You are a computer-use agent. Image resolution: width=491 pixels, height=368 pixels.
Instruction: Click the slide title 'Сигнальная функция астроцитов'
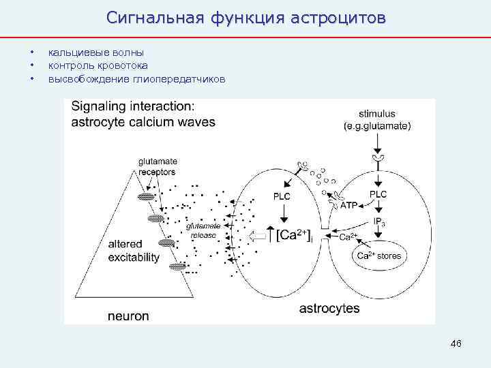pyautogui.click(x=245, y=17)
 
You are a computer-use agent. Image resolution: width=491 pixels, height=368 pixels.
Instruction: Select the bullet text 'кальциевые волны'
pyautogui.click(x=95, y=52)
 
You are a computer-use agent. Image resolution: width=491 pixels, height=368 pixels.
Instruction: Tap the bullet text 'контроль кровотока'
pyautogui.click(x=100, y=66)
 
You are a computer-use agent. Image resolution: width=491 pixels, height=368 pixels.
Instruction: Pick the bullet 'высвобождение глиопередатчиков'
pyautogui.click(x=136, y=80)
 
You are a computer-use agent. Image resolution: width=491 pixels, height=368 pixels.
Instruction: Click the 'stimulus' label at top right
pyautogui.click(x=376, y=114)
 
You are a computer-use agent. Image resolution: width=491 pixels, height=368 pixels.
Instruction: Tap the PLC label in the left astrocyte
pyautogui.click(x=282, y=197)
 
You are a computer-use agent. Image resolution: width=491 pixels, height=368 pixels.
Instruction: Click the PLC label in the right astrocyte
pyautogui.click(x=378, y=194)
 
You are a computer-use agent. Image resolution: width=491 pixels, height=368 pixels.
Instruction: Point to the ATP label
pyautogui.click(x=348, y=205)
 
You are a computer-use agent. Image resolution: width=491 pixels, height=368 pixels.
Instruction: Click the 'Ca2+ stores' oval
pyautogui.click(x=379, y=256)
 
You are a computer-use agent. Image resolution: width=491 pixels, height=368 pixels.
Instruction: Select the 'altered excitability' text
pyautogui.click(x=134, y=251)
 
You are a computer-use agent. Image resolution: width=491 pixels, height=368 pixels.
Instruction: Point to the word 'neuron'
pyautogui.click(x=128, y=316)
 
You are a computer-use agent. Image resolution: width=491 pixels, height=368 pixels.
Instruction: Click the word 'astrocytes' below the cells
pyautogui.click(x=329, y=309)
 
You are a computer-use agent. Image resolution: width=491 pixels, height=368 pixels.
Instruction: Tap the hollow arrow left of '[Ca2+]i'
pyautogui.click(x=260, y=236)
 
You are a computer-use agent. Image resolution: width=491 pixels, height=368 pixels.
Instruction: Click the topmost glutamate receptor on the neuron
pyautogui.click(x=145, y=197)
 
